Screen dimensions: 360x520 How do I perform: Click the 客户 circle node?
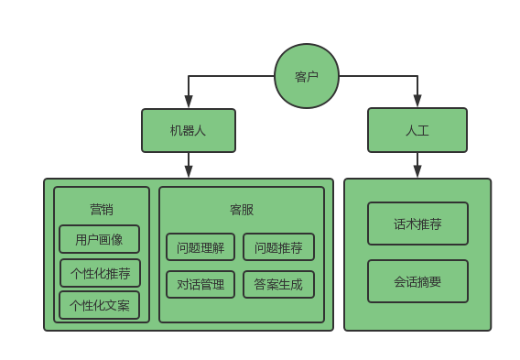(307, 76)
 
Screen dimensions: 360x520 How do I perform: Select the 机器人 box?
(189, 130)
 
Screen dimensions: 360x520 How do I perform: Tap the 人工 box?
(417, 130)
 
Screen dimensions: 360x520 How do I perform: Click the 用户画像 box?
(100, 239)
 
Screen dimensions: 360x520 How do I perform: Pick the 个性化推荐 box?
(100, 273)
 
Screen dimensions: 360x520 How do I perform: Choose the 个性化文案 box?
(100, 305)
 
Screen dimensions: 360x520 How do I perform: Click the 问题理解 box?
(200, 247)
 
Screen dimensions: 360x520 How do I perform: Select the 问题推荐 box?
(278, 247)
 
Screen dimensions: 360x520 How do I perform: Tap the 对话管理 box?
(200, 285)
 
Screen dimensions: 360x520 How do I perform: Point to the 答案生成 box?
(278, 285)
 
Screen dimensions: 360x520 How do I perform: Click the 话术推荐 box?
(417, 224)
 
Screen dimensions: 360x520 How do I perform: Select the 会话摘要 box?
(417, 281)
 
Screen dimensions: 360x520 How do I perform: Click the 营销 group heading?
(102, 209)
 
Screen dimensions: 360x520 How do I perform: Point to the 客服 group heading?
(242, 209)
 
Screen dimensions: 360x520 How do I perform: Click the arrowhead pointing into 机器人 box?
(189, 103)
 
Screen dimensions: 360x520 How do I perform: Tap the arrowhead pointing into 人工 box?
(417, 103)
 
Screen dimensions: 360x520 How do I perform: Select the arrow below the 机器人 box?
(189, 166)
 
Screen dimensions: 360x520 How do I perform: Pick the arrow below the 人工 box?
(417, 166)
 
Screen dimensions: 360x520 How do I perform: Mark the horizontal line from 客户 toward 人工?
(377, 76)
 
